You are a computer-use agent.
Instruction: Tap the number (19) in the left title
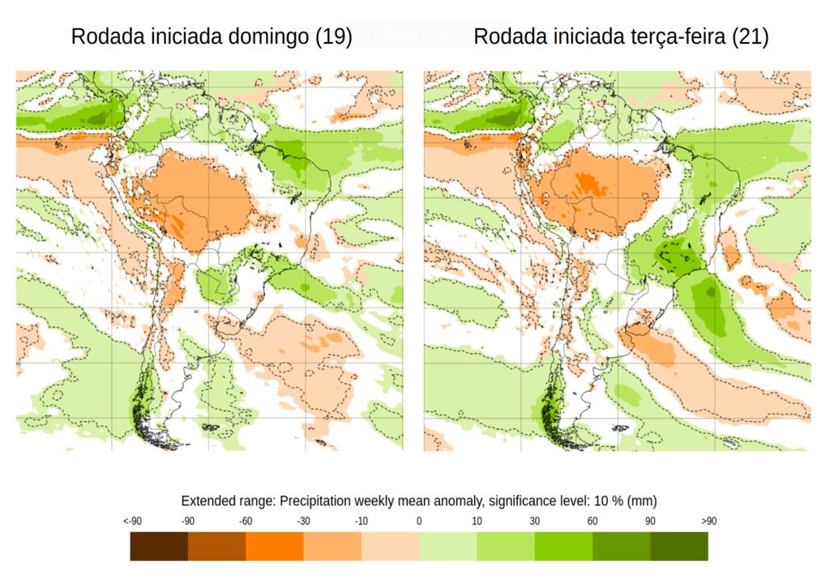(x=333, y=37)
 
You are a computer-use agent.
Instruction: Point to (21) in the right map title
(x=750, y=37)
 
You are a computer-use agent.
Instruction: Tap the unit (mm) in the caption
(x=642, y=500)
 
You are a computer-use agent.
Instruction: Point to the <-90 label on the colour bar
(x=133, y=521)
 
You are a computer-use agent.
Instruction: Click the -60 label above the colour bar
(x=246, y=521)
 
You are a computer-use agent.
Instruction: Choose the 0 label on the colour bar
(x=419, y=521)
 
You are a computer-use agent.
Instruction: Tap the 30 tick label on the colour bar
(x=535, y=521)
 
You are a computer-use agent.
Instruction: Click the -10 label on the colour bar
(x=362, y=521)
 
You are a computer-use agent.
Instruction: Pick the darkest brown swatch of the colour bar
(x=159, y=547)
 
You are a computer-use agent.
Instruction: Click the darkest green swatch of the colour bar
(x=679, y=547)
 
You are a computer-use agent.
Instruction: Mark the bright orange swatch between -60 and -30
(x=275, y=547)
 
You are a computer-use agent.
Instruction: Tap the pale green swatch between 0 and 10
(x=447, y=547)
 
